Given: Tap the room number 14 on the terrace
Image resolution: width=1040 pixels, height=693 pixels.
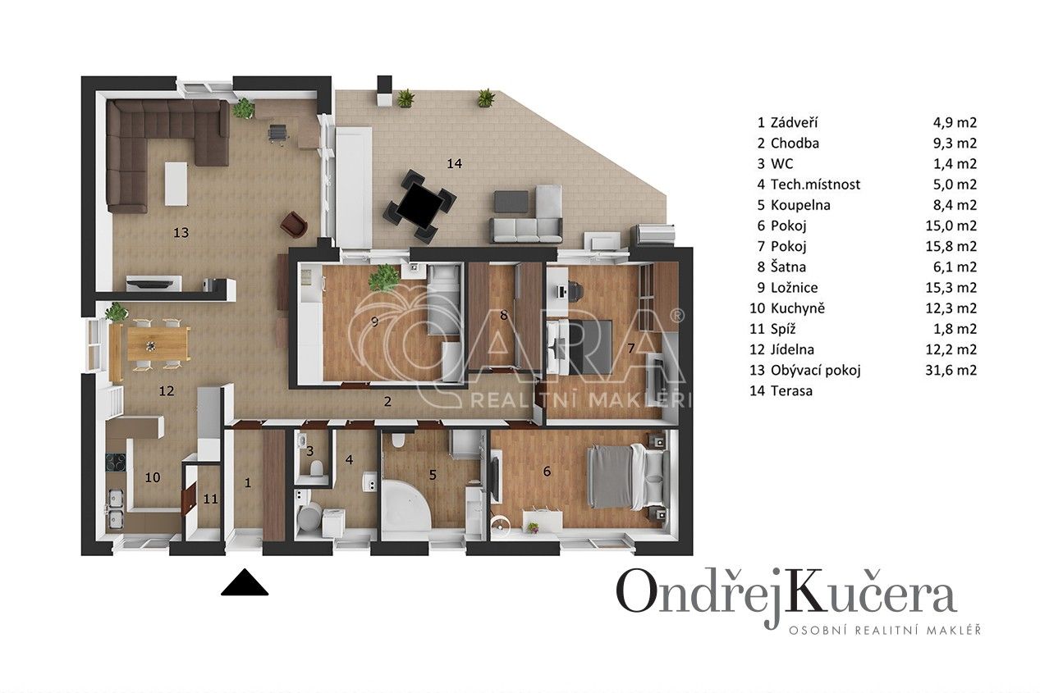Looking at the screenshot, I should coord(454,163).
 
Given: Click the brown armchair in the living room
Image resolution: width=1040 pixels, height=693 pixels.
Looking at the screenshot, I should coord(294,224).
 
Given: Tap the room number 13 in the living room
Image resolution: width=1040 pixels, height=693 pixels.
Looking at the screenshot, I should coord(181,232).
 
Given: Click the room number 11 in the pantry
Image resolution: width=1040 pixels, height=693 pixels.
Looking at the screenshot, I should coord(211,498).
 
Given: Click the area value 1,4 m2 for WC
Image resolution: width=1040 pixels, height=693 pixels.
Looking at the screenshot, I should coord(955,163).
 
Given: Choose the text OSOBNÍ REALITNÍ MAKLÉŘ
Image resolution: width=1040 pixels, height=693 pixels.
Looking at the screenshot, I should coord(884,630).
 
